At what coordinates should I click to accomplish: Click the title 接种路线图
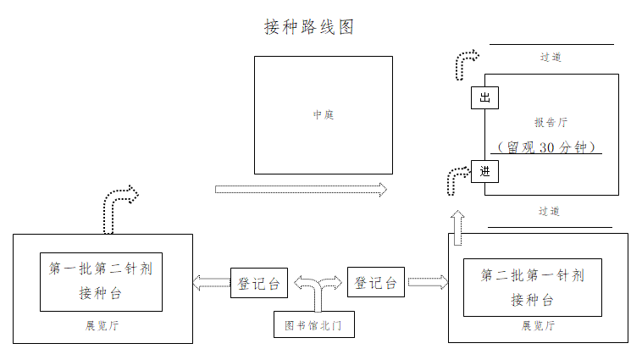click(x=308, y=27)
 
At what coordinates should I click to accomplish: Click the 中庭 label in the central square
click(x=324, y=114)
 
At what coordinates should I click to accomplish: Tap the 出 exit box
click(x=484, y=98)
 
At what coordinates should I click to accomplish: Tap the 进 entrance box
click(x=484, y=171)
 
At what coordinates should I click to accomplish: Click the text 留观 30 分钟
click(x=548, y=147)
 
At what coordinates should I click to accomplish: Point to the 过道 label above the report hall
click(x=551, y=58)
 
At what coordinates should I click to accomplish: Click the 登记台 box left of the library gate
click(x=259, y=283)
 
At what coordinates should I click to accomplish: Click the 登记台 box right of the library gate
click(x=376, y=282)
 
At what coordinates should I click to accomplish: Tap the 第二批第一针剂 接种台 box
click(x=532, y=287)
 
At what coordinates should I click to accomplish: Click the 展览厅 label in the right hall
click(x=538, y=325)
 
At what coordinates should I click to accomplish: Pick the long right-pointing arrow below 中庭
click(x=301, y=189)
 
